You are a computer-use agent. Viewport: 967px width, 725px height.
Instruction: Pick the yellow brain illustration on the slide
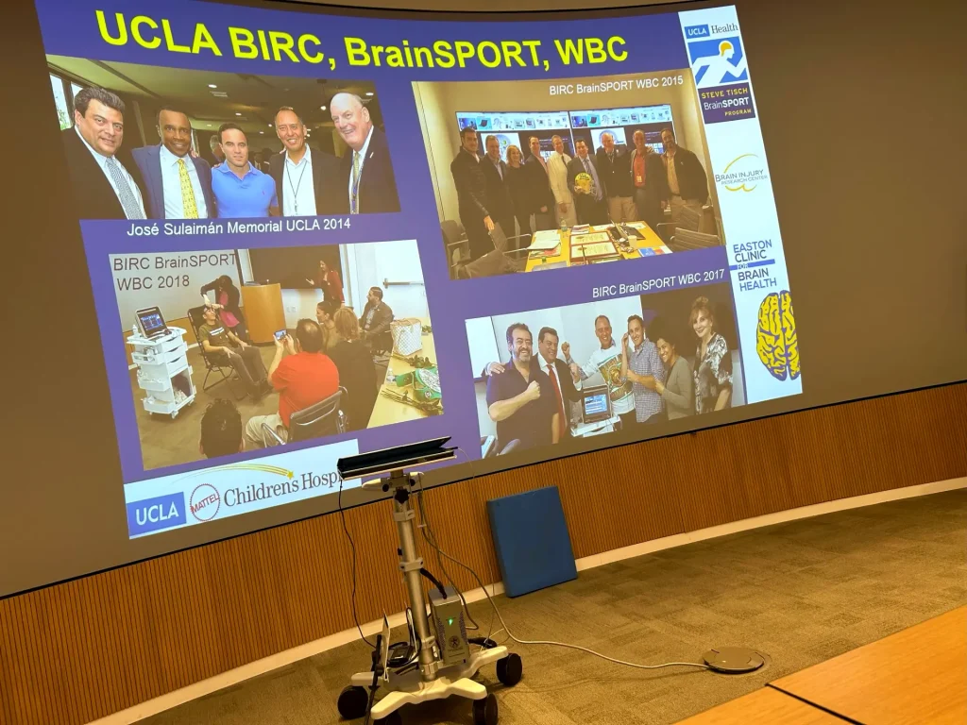coord(777,335)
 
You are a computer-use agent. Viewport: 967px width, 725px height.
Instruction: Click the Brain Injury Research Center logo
coord(740,172)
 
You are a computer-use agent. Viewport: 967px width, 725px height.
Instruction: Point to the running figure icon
coord(716,61)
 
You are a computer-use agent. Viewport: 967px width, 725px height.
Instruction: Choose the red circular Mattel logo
coord(204,502)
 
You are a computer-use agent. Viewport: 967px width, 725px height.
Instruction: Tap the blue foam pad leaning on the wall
coord(531,539)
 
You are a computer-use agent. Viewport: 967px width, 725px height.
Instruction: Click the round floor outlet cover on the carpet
coord(733,659)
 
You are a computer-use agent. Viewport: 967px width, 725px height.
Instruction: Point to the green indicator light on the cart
coord(452,621)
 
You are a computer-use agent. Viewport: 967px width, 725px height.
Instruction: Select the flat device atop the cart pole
coord(397,458)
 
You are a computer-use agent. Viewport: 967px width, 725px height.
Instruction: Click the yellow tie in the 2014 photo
coord(187,189)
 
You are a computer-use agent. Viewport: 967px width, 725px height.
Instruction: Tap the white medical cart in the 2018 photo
coord(161,363)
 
